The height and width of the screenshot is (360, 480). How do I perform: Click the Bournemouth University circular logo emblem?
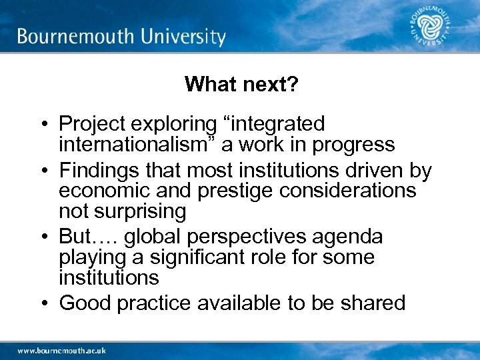[431, 28]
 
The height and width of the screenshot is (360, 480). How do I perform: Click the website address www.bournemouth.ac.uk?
[61, 350]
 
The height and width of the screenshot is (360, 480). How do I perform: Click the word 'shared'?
[372, 303]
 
